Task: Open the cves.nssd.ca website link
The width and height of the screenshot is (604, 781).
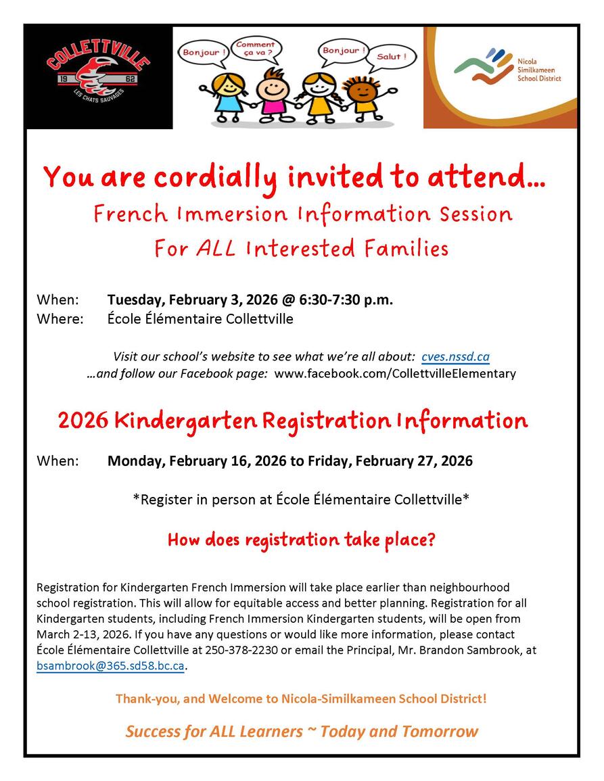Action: [455, 356]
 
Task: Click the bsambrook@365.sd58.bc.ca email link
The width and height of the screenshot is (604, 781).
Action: [110, 666]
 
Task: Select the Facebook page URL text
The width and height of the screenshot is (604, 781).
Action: [396, 373]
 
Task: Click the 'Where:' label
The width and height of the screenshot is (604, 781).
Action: [60, 318]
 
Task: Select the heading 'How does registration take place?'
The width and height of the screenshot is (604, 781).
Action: [302, 540]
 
